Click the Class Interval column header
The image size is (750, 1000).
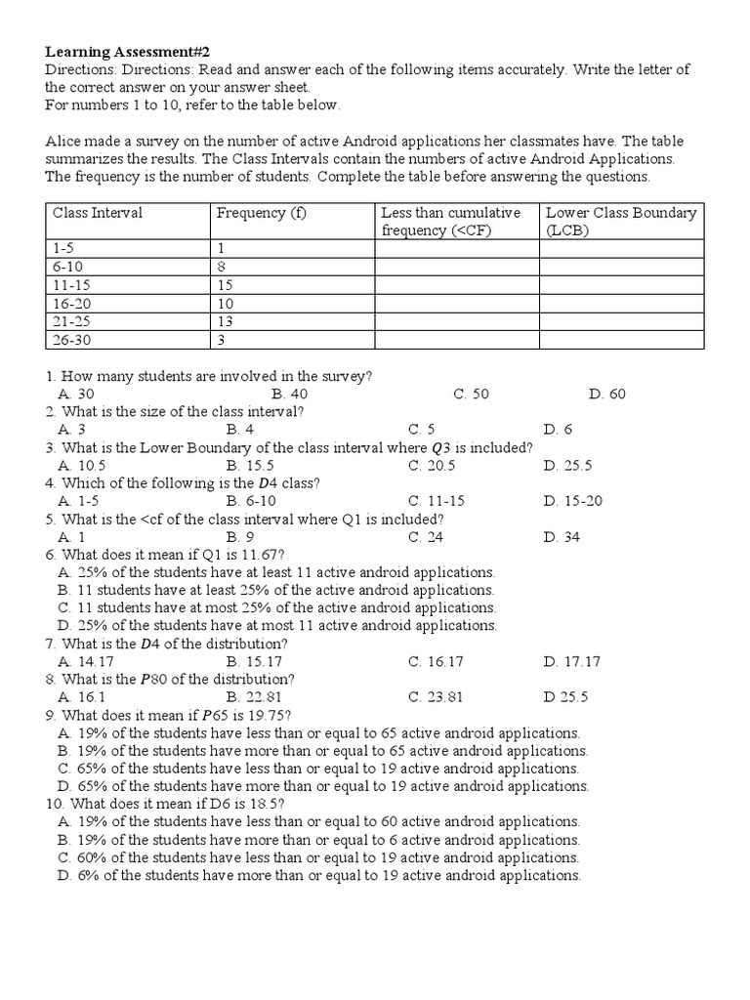98,213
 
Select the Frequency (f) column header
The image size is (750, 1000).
262,213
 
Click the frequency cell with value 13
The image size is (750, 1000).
225,321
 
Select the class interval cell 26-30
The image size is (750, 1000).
71,340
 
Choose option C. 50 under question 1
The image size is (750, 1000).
471,394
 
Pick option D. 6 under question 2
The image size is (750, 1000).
559,429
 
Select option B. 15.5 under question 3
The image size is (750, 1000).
249,465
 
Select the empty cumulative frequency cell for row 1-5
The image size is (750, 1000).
456,249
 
